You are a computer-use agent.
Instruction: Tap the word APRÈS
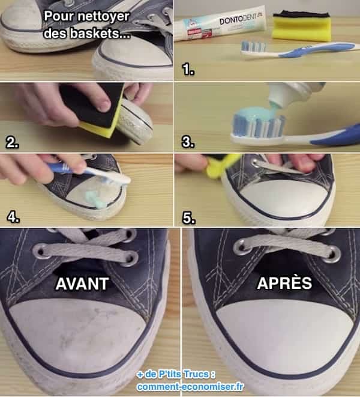point(284,283)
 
